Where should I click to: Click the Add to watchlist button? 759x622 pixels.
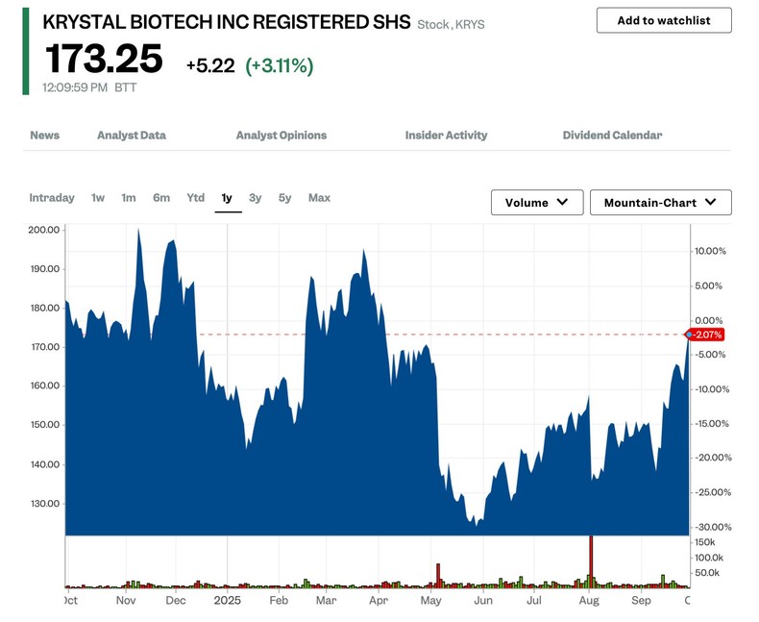(664, 20)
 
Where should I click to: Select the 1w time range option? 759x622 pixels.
(98, 198)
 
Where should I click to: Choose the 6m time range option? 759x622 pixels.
(161, 198)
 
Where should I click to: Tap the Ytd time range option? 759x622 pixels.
(195, 198)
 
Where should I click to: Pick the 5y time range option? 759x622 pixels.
(285, 198)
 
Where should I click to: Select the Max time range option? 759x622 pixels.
(319, 198)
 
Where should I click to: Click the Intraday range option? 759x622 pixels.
(52, 198)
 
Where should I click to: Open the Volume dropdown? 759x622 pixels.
(537, 203)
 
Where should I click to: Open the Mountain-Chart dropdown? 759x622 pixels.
(660, 203)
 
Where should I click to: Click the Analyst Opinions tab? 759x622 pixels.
(282, 136)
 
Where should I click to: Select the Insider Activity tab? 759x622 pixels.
(446, 136)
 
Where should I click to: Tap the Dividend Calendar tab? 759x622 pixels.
(612, 136)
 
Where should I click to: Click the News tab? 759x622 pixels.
(44, 136)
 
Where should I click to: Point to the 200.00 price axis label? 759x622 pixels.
(45, 230)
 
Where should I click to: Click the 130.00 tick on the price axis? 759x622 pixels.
(45, 504)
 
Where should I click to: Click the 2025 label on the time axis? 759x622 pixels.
(228, 600)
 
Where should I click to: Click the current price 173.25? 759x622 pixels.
(104, 61)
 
